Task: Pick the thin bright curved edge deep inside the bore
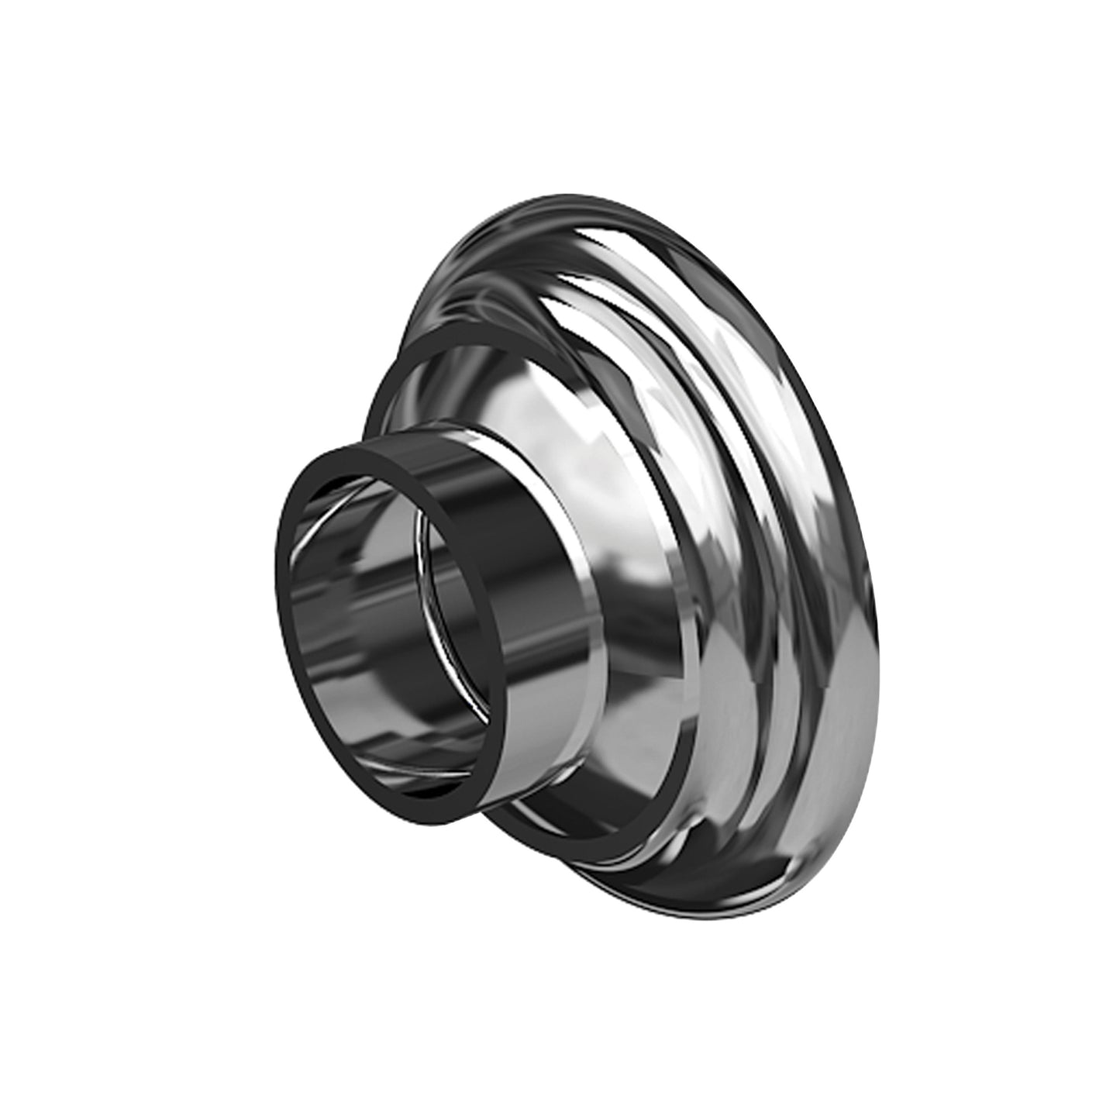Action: pyautogui.click(x=422, y=589)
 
